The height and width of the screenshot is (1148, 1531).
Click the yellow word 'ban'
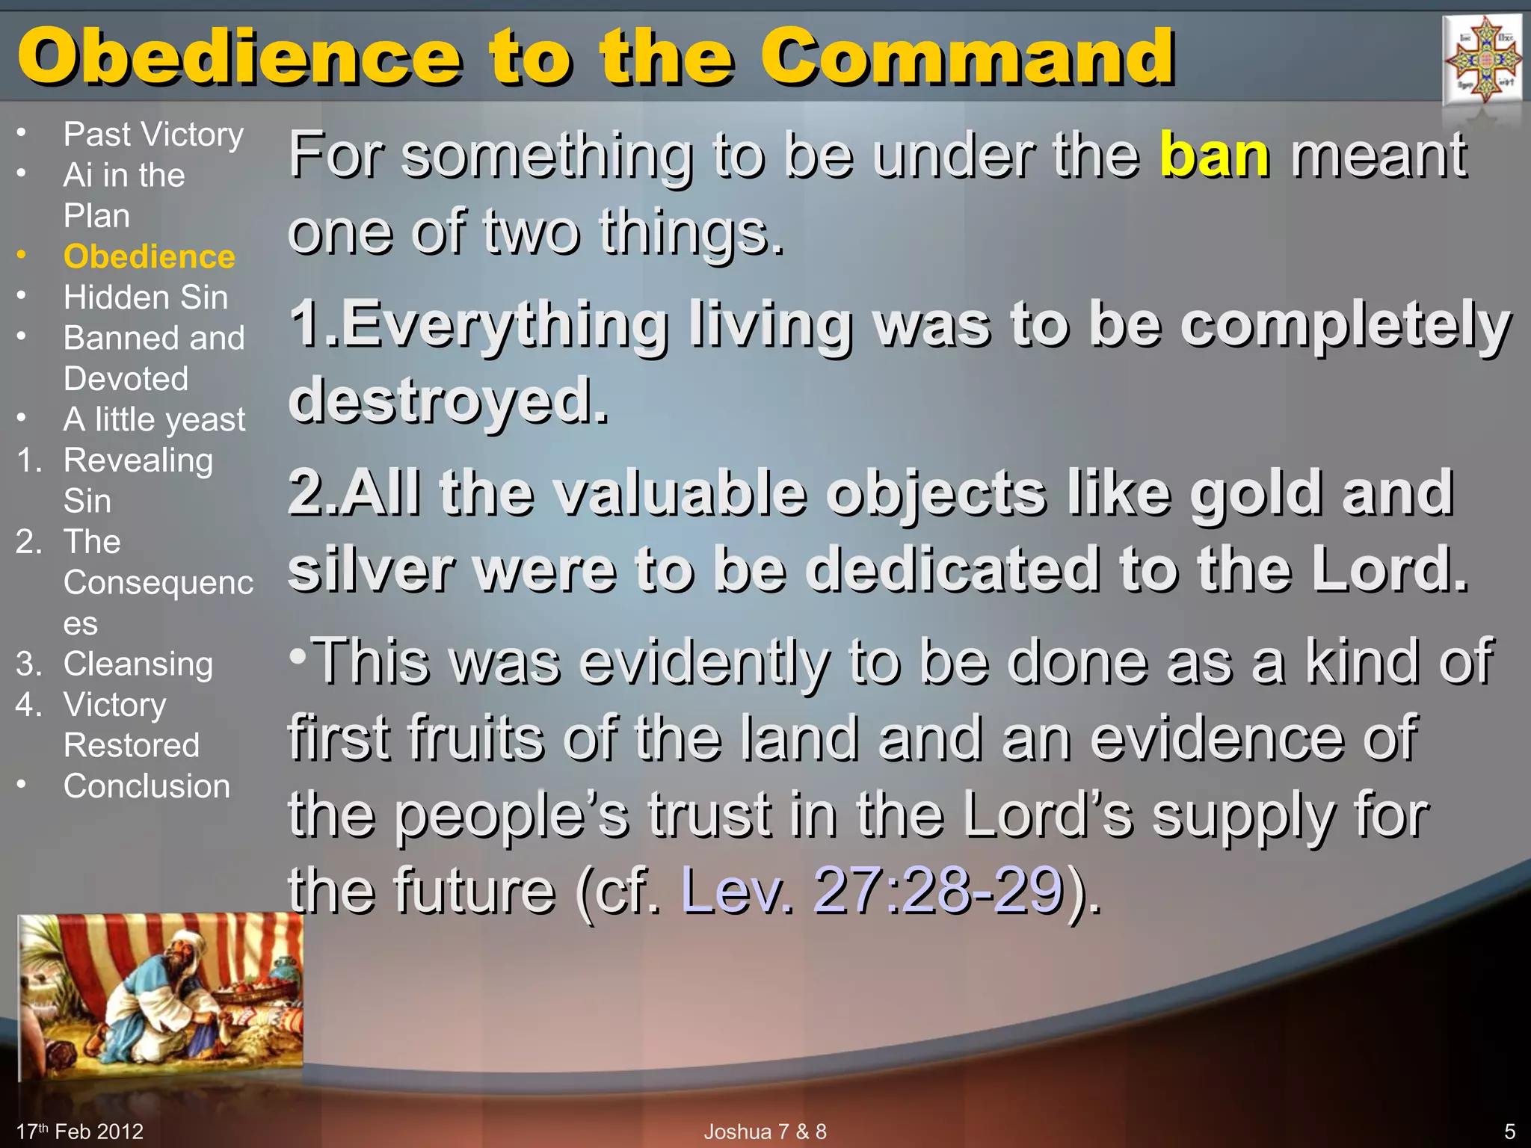1214,155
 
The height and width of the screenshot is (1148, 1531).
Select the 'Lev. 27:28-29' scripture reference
872,889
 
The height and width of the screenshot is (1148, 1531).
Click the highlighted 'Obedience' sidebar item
150,256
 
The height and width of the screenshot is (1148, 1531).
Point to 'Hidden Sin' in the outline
146,297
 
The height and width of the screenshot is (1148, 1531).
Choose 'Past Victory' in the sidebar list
153,135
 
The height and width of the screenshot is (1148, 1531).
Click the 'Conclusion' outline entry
147,786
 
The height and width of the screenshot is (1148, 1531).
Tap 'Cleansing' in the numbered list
138,664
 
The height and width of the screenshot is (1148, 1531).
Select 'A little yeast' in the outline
154,419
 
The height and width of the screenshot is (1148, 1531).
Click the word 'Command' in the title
967,58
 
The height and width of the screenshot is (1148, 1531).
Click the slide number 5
1509,1132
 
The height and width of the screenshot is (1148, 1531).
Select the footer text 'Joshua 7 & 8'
765,1132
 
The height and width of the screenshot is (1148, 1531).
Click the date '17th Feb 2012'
80,1132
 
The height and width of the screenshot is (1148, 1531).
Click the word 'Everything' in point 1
505,324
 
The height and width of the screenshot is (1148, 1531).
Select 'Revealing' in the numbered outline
138,460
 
